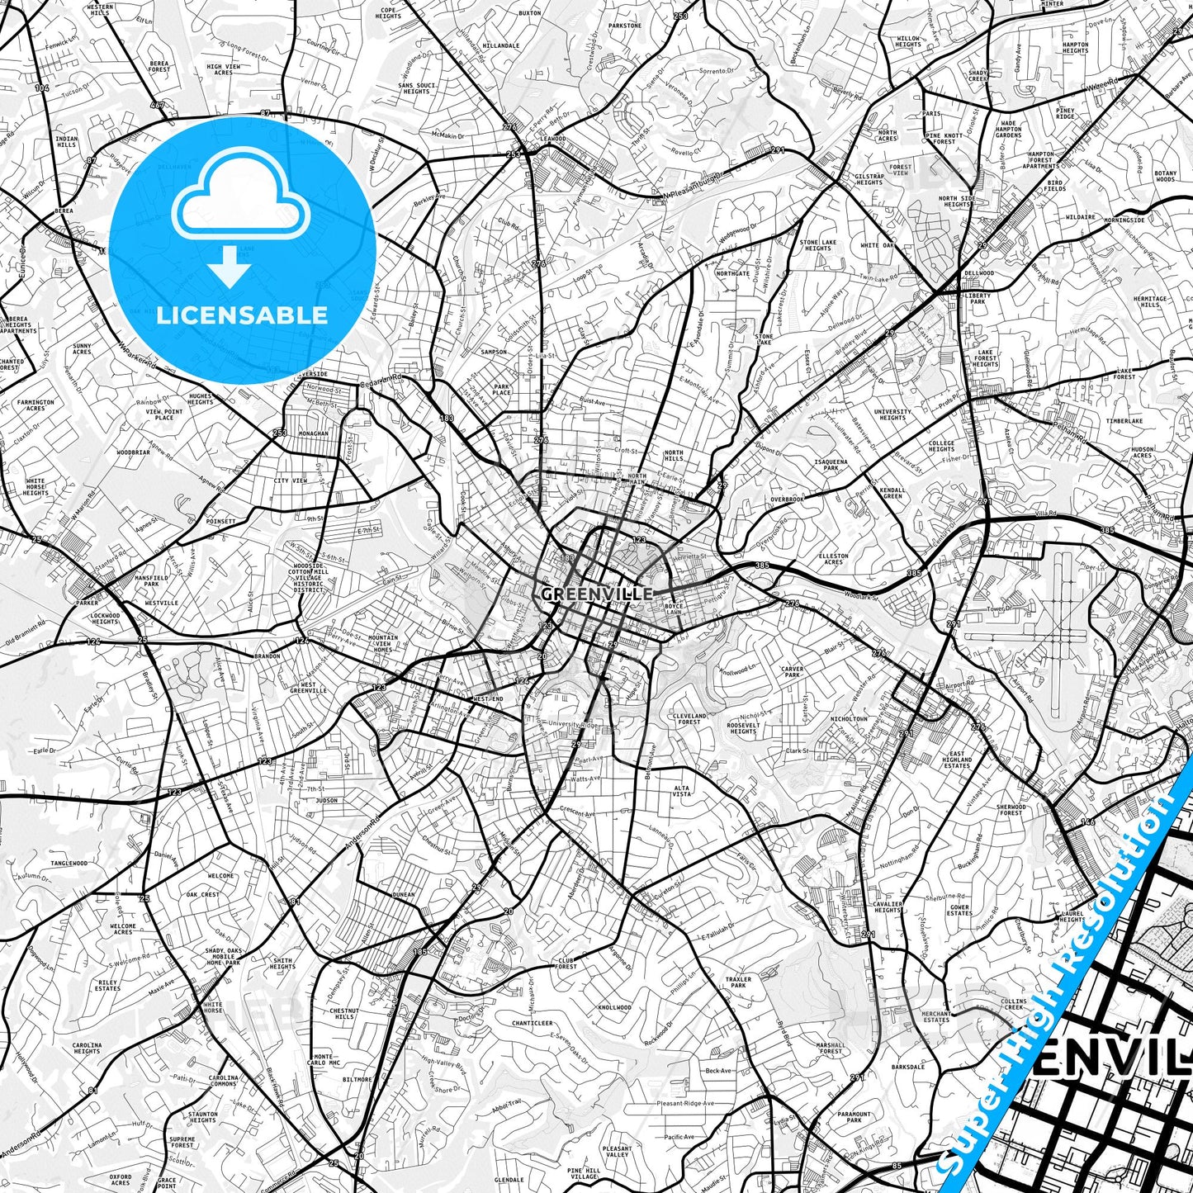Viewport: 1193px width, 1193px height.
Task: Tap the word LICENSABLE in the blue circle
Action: pyautogui.click(x=242, y=315)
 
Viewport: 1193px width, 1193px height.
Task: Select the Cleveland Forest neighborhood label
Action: pyautogui.click(x=689, y=718)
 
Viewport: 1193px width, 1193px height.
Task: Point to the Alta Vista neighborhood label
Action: pyautogui.click(x=682, y=792)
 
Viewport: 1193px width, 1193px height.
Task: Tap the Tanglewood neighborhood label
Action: pyautogui.click(x=69, y=864)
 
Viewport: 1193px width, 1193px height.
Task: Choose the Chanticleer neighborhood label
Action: pyautogui.click(x=532, y=1023)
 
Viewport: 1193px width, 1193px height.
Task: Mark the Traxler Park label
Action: pyautogui.click(x=738, y=982)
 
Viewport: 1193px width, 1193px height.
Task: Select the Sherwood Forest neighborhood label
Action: pyautogui.click(x=1010, y=810)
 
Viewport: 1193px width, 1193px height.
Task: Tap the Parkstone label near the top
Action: pyautogui.click(x=624, y=26)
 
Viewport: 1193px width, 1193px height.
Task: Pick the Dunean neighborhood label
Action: pyautogui.click(x=404, y=894)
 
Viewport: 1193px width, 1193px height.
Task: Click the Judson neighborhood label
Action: pyautogui.click(x=327, y=800)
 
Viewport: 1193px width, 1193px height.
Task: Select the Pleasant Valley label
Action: pyautogui.click(x=617, y=1152)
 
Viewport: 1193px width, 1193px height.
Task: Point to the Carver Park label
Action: pyautogui.click(x=792, y=672)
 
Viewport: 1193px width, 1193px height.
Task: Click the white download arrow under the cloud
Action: pyautogui.click(x=230, y=266)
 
